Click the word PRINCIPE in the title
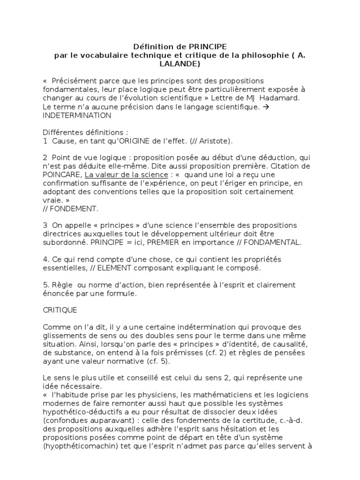click(208, 47)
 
